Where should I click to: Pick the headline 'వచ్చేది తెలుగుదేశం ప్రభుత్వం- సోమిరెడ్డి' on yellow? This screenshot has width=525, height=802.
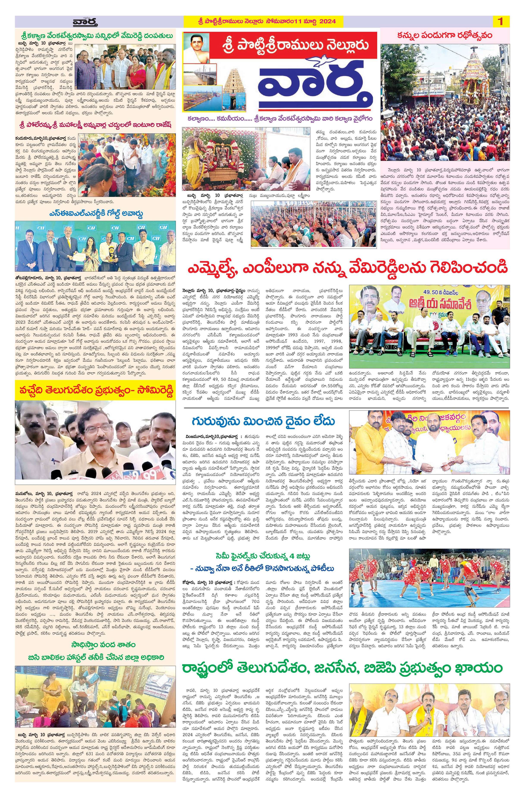[95, 392]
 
